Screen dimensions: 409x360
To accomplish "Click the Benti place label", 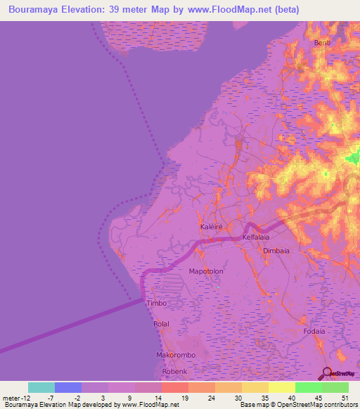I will pyautogui.click(x=322, y=43).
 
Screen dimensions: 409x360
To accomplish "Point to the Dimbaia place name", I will pyautogui.click(x=276, y=251).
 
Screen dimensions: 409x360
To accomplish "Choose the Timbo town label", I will pyautogui.click(x=156, y=304).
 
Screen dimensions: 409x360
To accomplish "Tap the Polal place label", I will pyautogui.click(x=161, y=324).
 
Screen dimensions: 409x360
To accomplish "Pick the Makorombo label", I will pyautogui.click(x=175, y=356).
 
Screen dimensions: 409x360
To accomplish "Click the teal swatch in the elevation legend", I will pyautogui.click(x=41, y=387).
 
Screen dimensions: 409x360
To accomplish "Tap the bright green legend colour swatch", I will pyautogui.click(x=308, y=387).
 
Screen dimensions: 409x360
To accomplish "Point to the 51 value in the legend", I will pyautogui.click(x=344, y=398).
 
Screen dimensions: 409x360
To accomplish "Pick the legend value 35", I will pyautogui.click(x=264, y=398).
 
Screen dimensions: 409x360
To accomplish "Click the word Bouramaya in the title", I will pyautogui.click(x=34, y=10).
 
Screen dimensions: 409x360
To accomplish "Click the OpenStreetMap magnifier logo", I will pyautogui.click(x=326, y=374).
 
